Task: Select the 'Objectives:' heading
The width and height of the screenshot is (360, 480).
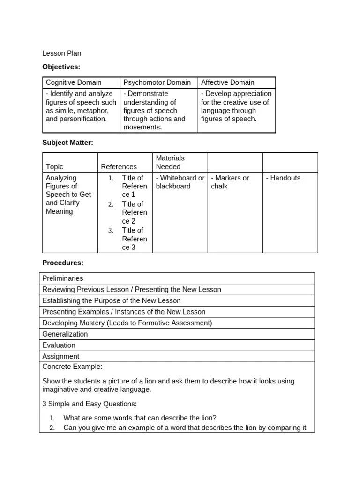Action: (x=61, y=67)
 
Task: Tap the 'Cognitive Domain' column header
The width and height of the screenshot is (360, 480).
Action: (x=74, y=82)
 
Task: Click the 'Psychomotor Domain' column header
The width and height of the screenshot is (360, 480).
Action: (x=157, y=82)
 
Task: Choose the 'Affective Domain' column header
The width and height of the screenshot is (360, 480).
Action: (x=228, y=82)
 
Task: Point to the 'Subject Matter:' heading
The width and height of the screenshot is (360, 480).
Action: (x=68, y=142)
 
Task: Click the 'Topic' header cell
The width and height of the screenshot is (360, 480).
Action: (x=54, y=166)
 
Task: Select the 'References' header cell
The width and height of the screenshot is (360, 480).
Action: (x=119, y=166)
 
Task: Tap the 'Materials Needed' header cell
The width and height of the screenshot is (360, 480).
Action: (x=170, y=162)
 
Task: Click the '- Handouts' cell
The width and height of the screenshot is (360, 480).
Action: (x=283, y=178)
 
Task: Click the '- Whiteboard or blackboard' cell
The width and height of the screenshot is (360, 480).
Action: (x=180, y=182)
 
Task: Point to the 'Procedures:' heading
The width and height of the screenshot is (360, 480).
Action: (x=63, y=262)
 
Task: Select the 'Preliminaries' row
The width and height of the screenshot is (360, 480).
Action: (x=62, y=278)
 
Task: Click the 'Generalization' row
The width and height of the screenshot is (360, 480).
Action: (x=65, y=334)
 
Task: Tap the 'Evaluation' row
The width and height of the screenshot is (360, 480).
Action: (x=59, y=345)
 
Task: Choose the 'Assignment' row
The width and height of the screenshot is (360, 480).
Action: (x=61, y=356)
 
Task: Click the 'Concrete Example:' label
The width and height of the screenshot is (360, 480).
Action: (x=72, y=367)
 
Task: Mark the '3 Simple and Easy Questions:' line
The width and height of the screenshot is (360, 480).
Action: (x=90, y=404)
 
